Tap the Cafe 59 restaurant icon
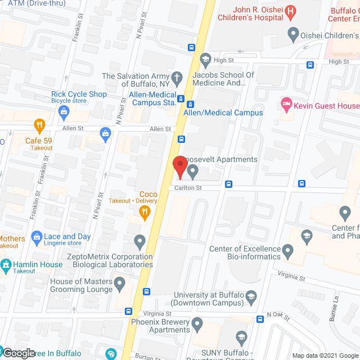pos(39,125)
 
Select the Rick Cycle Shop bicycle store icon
pos(64,111)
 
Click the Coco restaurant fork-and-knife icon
pos(145,211)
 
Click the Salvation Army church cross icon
pos(177,76)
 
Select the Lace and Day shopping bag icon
pos(37,237)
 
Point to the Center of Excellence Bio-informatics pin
pos(288,249)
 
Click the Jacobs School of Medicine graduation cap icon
pos(206,58)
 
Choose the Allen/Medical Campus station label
pos(223,112)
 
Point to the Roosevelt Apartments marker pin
pos(193,169)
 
